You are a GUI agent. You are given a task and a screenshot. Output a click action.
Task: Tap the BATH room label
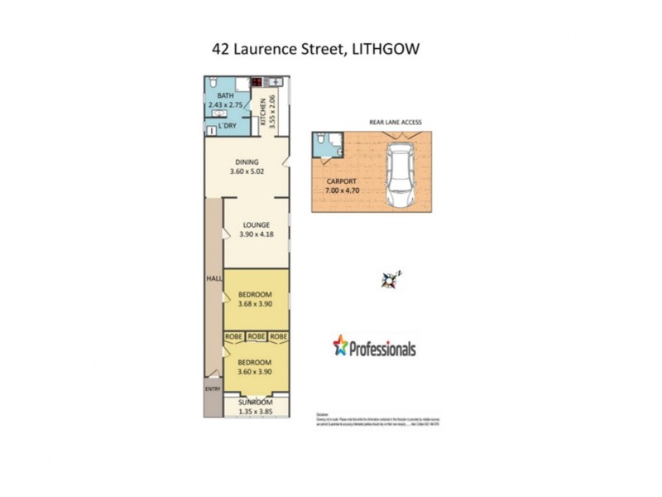click(x=215, y=96)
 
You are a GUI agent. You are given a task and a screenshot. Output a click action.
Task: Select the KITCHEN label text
click(x=264, y=112)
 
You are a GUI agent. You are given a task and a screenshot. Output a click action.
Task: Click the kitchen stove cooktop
click(x=257, y=83)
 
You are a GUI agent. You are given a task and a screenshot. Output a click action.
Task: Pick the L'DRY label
click(x=228, y=126)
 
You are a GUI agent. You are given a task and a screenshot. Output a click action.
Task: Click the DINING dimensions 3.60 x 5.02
click(x=247, y=172)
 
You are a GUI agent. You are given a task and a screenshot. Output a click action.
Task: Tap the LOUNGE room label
click(x=257, y=224)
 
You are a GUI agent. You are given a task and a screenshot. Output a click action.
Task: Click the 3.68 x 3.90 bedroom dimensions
click(x=255, y=304)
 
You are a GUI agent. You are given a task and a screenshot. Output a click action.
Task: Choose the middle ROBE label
click(x=257, y=337)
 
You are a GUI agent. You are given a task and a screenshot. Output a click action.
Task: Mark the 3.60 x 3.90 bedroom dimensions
click(x=255, y=372)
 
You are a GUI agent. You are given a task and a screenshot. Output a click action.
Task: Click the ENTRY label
click(x=213, y=388)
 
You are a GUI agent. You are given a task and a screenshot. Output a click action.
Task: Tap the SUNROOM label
click(x=255, y=402)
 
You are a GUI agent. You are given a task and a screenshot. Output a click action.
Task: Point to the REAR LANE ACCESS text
click(x=395, y=123)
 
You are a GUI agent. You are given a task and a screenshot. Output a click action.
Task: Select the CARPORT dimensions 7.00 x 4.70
click(x=341, y=191)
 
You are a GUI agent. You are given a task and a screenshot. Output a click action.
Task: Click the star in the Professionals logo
click(x=340, y=345)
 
